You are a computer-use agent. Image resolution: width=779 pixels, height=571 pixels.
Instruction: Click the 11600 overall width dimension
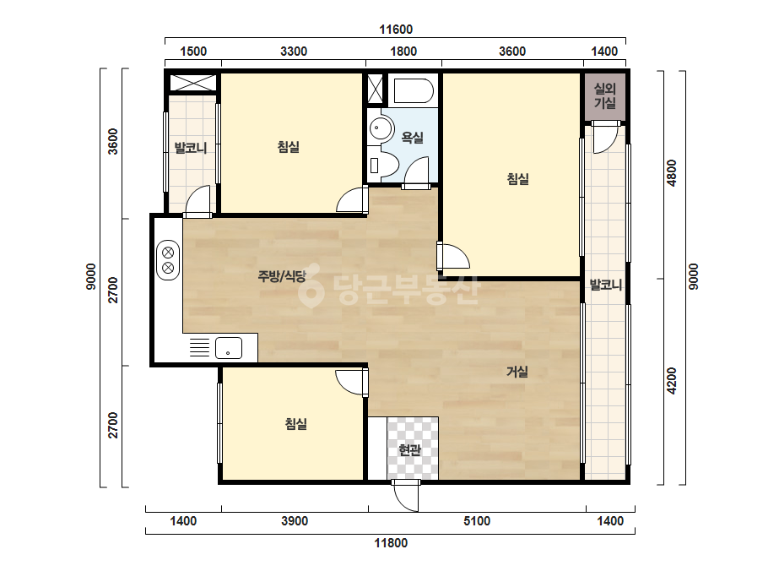[x=396, y=30]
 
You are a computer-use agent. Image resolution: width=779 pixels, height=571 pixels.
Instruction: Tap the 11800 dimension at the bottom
[x=391, y=542]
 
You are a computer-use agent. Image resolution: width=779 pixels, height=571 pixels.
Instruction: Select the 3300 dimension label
[x=294, y=52]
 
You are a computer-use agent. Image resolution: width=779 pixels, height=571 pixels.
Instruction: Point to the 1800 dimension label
[x=403, y=52]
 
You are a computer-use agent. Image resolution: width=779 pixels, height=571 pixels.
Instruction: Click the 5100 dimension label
[x=477, y=521]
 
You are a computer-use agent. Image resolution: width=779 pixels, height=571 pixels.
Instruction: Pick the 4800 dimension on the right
[x=671, y=172]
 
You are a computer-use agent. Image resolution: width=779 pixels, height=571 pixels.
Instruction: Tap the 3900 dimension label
[x=295, y=521]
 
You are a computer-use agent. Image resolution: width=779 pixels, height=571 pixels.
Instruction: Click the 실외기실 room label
[x=605, y=95]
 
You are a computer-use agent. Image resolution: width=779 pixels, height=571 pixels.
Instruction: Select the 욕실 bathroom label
[x=413, y=138]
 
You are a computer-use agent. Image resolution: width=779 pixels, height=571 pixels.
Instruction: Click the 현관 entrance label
[x=410, y=449]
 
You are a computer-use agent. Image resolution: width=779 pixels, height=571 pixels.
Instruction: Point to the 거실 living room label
[x=517, y=371]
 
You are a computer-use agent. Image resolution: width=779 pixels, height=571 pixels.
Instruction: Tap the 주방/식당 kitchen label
[x=282, y=276]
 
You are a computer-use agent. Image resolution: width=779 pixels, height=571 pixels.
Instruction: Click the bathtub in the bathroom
[x=414, y=91]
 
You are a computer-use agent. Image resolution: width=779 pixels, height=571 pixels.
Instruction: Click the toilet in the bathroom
[x=383, y=164]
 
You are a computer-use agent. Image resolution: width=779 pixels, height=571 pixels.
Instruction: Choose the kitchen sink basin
[x=229, y=348]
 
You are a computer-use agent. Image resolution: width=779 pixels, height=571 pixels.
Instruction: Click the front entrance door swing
[x=406, y=497]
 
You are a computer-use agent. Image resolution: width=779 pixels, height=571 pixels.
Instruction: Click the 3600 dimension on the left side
[x=114, y=141]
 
